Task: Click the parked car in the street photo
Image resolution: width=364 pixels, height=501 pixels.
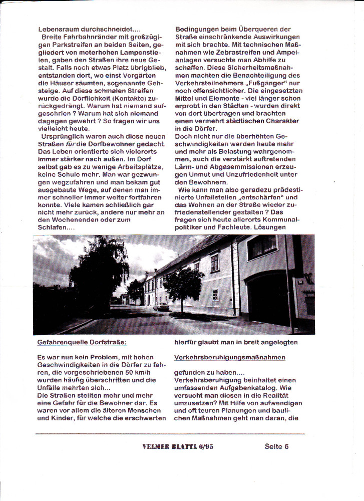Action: click(161, 306)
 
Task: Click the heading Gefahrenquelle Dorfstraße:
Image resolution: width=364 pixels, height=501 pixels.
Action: click(82, 343)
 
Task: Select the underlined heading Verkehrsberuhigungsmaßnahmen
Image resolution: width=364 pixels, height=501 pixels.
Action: click(230, 358)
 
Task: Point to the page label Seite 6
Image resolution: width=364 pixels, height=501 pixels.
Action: click(277, 446)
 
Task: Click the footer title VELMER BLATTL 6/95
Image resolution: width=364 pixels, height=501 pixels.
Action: click(178, 447)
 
